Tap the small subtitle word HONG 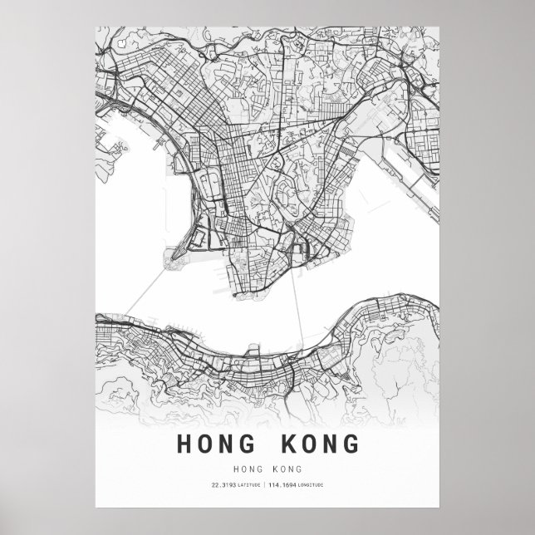248,469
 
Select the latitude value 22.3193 223,484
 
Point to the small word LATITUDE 248,484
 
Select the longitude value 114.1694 287,484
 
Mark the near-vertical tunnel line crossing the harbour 297,299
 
